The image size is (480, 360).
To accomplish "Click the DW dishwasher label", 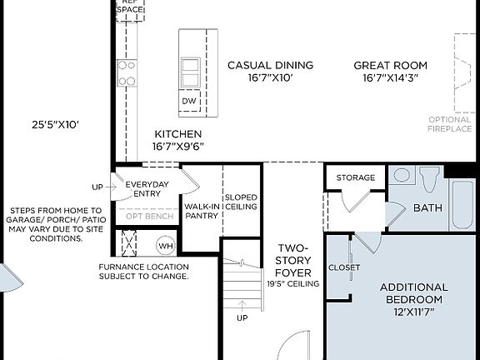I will tap(190, 101).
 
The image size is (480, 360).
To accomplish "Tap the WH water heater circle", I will tap(166, 247).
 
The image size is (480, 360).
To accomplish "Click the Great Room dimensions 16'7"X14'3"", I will tap(390, 78).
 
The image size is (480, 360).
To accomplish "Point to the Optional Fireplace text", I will tap(450, 124).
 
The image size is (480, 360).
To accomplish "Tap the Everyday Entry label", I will tap(147, 189).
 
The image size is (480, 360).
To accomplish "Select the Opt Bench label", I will tap(150, 217).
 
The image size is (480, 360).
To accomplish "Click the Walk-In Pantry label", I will tap(202, 210).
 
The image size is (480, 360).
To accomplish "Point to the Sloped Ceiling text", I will tap(241, 201).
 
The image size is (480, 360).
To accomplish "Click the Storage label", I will tap(356, 177).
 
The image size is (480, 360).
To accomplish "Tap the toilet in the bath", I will tap(430, 179).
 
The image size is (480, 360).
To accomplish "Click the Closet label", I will tap(344, 267).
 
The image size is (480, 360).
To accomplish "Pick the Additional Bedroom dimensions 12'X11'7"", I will tap(413, 311).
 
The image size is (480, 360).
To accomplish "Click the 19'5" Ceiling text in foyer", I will tap(293, 284).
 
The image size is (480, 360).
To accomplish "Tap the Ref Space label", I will tap(127, 6).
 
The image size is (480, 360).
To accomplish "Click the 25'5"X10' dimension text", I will tap(55, 125).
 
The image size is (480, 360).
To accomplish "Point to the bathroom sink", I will tap(402, 176).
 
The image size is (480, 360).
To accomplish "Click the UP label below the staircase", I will tap(242, 318).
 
